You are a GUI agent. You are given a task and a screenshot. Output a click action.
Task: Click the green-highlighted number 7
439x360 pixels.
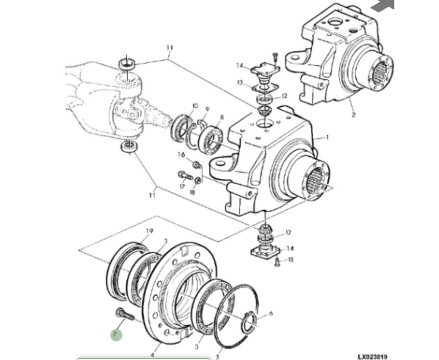pyautogui.click(x=116, y=335)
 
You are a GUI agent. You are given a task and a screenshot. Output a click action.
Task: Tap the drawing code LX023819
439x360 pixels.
pyautogui.click(x=372, y=357)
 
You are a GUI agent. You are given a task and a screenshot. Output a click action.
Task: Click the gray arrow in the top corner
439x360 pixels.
pyautogui.click(x=383, y=5)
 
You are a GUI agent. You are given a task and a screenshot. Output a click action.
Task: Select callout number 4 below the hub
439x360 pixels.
pyautogui.click(x=152, y=354)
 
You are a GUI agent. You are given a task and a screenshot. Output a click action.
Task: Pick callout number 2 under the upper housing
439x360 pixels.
pyautogui.click(x=353, y=115)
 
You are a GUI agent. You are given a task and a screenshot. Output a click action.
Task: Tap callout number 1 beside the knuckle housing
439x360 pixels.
pyautogui.click(x=327, y=138)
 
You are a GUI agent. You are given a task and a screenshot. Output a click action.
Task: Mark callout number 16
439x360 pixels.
pyautogui.click(x=182, y=155)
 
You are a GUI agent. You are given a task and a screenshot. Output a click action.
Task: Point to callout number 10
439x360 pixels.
pyautogui.click(x=195, y=106)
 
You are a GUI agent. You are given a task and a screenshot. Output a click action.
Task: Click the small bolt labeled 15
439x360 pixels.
pyautogui.click(x=277, y=262)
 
